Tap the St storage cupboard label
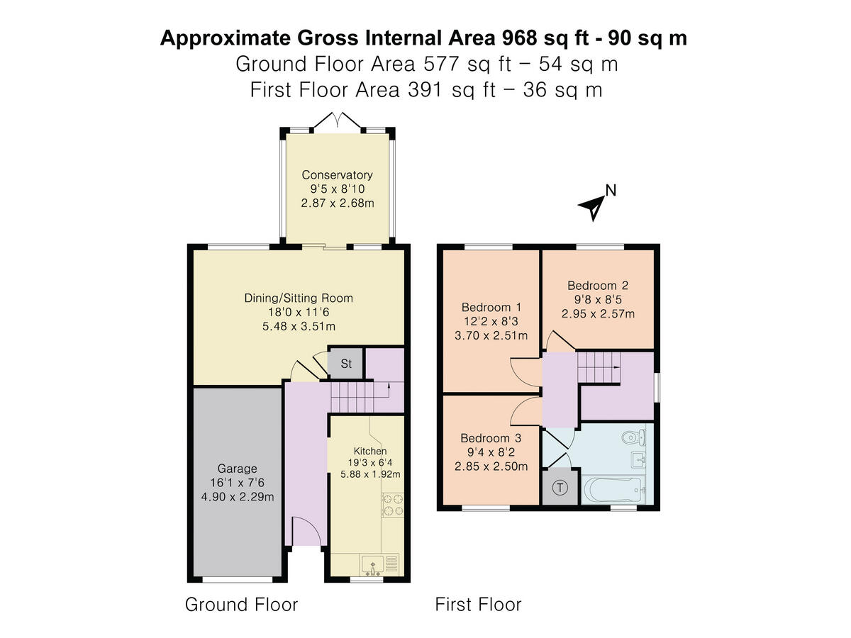point(346,364)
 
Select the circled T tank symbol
point(560,487)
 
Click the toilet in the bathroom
point(633,438)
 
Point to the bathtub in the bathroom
point(613,490)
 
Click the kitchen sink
point(372,565)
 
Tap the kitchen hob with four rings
point(393,505)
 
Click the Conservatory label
point(337,175)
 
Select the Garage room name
point(237,469)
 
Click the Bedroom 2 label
point(597,286)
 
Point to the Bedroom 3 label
point(491,438)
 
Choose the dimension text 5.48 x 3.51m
point(299,326)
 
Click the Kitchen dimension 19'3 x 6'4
point(370,462)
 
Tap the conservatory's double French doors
point(339,120)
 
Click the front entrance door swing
point(306,531)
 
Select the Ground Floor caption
point(241,604)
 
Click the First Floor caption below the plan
point(478,604)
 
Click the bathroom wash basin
point(638,460)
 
